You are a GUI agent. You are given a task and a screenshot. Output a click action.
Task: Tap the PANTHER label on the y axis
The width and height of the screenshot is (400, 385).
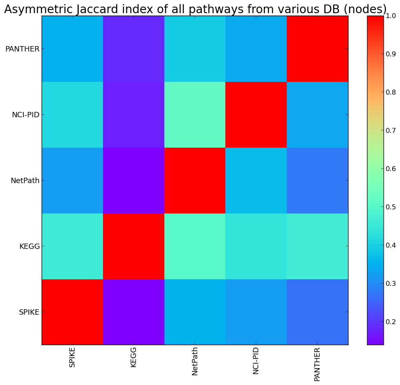coord(22,49)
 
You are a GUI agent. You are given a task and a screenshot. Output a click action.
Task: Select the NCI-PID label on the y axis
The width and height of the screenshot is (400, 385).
coord(26,115)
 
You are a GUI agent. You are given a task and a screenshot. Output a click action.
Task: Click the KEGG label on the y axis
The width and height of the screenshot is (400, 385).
coord(29,246)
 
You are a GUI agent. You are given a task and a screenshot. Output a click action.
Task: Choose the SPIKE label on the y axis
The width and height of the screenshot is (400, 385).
coord(29,312)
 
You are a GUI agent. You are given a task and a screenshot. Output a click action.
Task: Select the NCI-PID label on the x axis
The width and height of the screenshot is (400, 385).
coord(256,360)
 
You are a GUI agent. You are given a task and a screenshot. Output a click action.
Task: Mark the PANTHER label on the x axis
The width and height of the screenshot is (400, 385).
coord(317,364)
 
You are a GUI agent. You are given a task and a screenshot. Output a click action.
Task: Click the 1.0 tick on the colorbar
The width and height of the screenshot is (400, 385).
coord(391,16)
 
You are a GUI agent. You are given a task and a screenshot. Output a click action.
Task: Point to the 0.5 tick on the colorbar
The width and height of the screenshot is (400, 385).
coord(391,207)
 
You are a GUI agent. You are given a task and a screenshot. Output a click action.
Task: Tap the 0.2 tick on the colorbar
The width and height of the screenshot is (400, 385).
coord(391,321)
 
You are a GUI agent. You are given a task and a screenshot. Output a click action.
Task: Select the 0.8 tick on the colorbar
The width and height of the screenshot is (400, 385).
coord(391,93)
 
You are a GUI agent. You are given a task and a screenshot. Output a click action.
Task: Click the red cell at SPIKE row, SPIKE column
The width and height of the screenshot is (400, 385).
coord(72,312)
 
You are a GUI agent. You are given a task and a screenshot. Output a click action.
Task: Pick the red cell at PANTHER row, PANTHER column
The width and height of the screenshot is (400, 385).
coord(317,49)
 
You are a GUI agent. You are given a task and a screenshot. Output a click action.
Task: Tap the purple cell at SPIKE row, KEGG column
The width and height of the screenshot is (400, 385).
coord(133,312)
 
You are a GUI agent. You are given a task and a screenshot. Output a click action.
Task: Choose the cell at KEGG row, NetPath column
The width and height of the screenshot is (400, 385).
coord(195,246)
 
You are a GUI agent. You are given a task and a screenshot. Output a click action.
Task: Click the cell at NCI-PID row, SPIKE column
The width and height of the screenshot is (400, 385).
coord(72,115)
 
